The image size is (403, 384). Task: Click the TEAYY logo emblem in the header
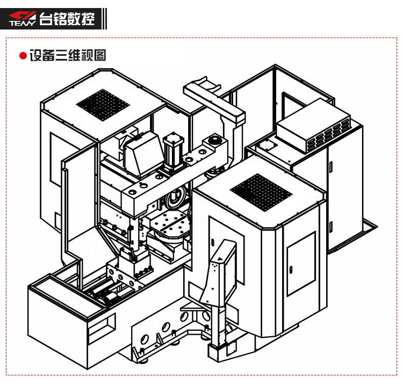[x=23, y=18]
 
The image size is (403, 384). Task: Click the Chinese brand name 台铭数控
[x=67, y=18]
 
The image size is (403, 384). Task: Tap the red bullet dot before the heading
[x=23, y=56]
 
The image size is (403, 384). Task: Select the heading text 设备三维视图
[x=68, y=55]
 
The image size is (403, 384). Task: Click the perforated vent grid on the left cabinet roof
[x=103, y=105]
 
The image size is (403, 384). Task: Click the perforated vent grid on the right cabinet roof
[x=261, y=193]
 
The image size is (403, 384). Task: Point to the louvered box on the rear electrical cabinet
[x=314, y=126]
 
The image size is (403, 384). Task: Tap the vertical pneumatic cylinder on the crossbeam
[x=174, y=151]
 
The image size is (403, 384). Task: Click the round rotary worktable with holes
[x=170, y=225]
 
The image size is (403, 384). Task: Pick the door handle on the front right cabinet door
[x=291, y=270]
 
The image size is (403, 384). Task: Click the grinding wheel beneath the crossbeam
[x=176, y=197]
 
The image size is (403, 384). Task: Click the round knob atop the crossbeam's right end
[x=214, y=141]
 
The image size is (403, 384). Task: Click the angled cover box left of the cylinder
[x=143, y=154]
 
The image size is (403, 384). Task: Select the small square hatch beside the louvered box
[x=267, y=146]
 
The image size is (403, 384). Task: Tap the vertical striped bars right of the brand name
[x=104, y=19]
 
